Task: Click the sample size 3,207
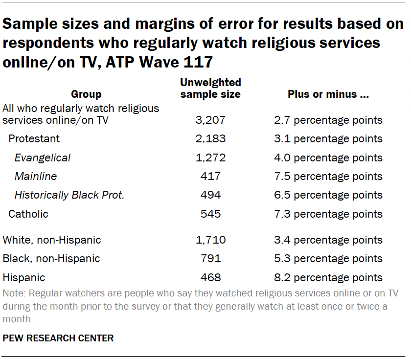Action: (210, 120)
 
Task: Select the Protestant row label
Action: (34, 139)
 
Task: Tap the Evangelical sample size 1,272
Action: (210, 158)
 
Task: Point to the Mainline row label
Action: (36, 176)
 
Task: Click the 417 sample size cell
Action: (210, 176)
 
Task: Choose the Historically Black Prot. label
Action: (69, 195)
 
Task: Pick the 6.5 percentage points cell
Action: (328, 195)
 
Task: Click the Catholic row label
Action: (28, 214)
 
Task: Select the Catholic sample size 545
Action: (210, 214)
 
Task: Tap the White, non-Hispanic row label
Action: (52, 240)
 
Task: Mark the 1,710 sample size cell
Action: (210, 240)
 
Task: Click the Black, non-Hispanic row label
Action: (51, 259)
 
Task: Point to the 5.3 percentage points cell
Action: (328, 259)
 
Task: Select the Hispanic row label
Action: (24, 278)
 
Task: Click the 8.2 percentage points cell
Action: (328, 278)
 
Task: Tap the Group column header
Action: (86, 94)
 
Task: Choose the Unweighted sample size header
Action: (210, 89)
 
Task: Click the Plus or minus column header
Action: (328, 94)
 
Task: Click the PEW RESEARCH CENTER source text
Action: (58, 338)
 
